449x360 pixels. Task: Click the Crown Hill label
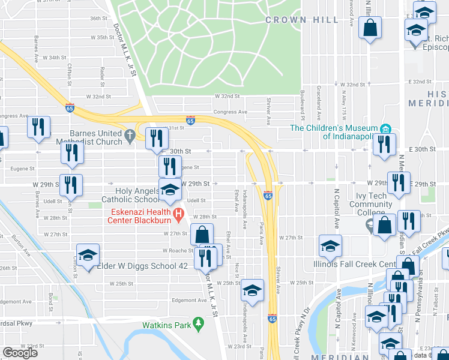(x=291, y=20)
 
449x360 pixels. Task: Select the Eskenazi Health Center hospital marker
(x=178, y=214)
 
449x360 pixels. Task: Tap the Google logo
(x=20, y=353)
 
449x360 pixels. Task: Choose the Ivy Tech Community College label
(x=370, y=204)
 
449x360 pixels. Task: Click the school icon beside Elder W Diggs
(x=88, y=255)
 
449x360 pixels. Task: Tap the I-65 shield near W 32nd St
(x=70, y=108)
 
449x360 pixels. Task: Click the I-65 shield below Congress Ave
(x=190, y=121)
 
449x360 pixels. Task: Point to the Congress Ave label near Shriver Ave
(x=234, y=112)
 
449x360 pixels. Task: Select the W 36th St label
(x=98, y=19)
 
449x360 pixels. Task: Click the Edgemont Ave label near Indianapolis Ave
(x=188, y=301)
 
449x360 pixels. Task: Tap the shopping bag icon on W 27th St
(x=202, y=234)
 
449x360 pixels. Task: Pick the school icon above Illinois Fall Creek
(x=330, y=246)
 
